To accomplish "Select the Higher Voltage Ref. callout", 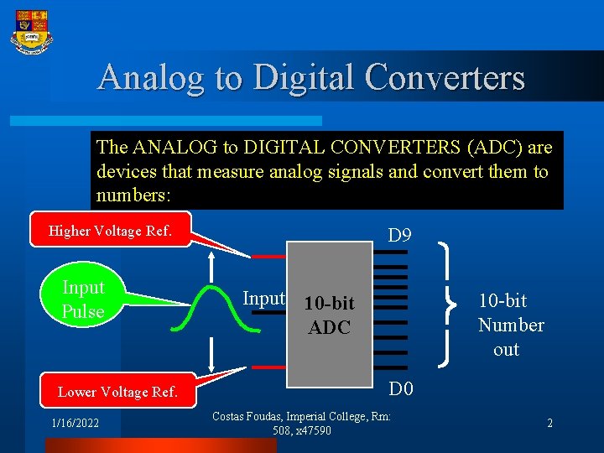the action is click(x=111, y=230).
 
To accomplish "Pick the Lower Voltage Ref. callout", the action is click(x=117, y=392).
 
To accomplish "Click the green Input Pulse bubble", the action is click(x=83, y=299).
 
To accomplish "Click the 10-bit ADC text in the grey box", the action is click(x=329, y=315).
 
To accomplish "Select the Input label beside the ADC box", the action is click(x=263, y=298).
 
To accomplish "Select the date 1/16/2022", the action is click(x=75, y=424).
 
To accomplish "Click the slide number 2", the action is click(x=549, y=424).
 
